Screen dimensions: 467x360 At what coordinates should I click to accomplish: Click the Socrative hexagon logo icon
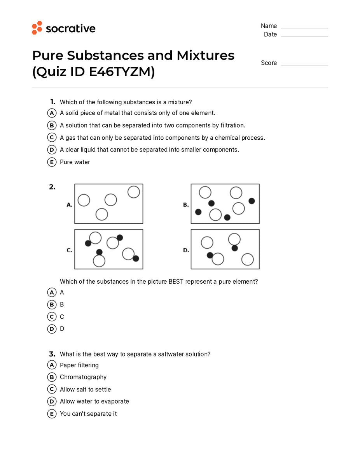pyautogui.click(x=37, y=28)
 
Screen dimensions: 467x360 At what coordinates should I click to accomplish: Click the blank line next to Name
pyautogui.click(x=304, y=28)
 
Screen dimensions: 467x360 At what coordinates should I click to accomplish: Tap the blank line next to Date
pyautogui.click(x=304, y=36)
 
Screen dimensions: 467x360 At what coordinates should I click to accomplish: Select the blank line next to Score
pyautogui.click(x=304, y=65)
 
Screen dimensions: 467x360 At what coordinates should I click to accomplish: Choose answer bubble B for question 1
pyautogui.click(x=52, y=125)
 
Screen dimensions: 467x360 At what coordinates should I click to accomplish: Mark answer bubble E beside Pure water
pyautogui.click(x=52, y=162)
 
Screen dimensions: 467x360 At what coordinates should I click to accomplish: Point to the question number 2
pyautogui.click(x=52, y=187)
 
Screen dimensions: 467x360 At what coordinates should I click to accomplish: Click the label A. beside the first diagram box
pyautogui.click(x=70, y=204)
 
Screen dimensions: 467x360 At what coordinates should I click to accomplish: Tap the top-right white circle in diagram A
pyautogui.click(x=133, y=192)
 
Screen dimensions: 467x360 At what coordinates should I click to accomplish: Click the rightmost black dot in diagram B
pyautogui.click(x=252, y=201)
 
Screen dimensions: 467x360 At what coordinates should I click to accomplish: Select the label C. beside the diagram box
pyautogui.click(x=70, y=250)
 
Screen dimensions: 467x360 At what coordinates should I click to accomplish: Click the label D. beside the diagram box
pyautogui.click(x=186, y=250)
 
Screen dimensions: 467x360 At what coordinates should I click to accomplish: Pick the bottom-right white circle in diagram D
pyautogui.click(x=247, y=259)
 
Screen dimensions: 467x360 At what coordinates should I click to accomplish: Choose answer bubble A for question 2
pyautogui.click(x=52, y=292)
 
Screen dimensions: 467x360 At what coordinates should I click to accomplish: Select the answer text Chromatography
pyautogui.click(x=83, y=377)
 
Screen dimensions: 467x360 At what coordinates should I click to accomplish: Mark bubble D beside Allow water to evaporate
pyautogui.click(x=52, y=401)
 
